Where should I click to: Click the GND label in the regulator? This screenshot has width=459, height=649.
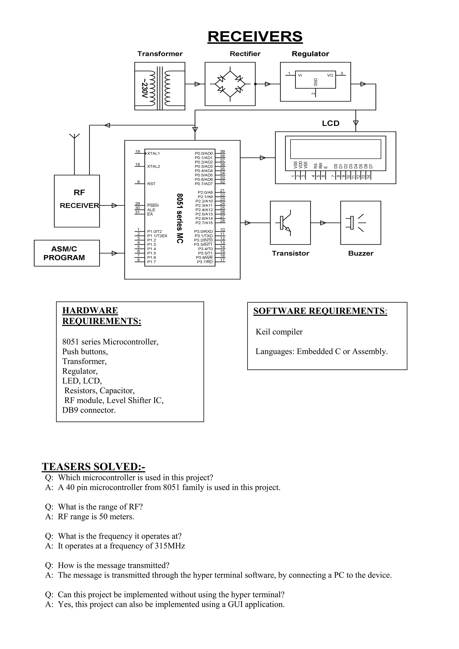point(316,82)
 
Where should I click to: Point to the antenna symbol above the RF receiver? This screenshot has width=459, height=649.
point(74,136)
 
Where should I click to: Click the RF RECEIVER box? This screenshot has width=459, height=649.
point(77,201)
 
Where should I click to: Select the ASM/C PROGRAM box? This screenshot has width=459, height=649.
point(67,253)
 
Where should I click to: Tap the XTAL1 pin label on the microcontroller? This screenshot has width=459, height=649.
point(153,154)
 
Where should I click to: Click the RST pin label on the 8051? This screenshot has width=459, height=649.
point(151,184)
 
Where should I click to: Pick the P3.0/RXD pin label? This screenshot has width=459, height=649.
point(203,231)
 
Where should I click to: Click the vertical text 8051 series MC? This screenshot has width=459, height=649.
point(180,218)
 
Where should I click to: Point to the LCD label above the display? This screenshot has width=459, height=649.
point(330,123)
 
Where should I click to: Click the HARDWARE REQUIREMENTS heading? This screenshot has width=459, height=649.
point(102,316)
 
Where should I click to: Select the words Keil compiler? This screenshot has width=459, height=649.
point(279,332)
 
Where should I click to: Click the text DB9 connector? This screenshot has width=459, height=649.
point(89,410)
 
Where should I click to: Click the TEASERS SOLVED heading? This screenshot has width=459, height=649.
point(93,467)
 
